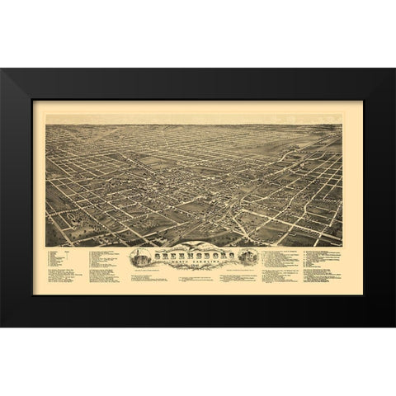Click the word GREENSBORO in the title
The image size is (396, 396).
198,254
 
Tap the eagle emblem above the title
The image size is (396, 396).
198,247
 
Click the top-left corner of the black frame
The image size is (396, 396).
2,69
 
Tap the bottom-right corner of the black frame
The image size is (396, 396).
394,326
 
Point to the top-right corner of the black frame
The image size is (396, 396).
394,69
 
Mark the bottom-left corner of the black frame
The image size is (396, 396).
2,326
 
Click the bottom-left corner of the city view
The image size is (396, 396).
46,245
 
